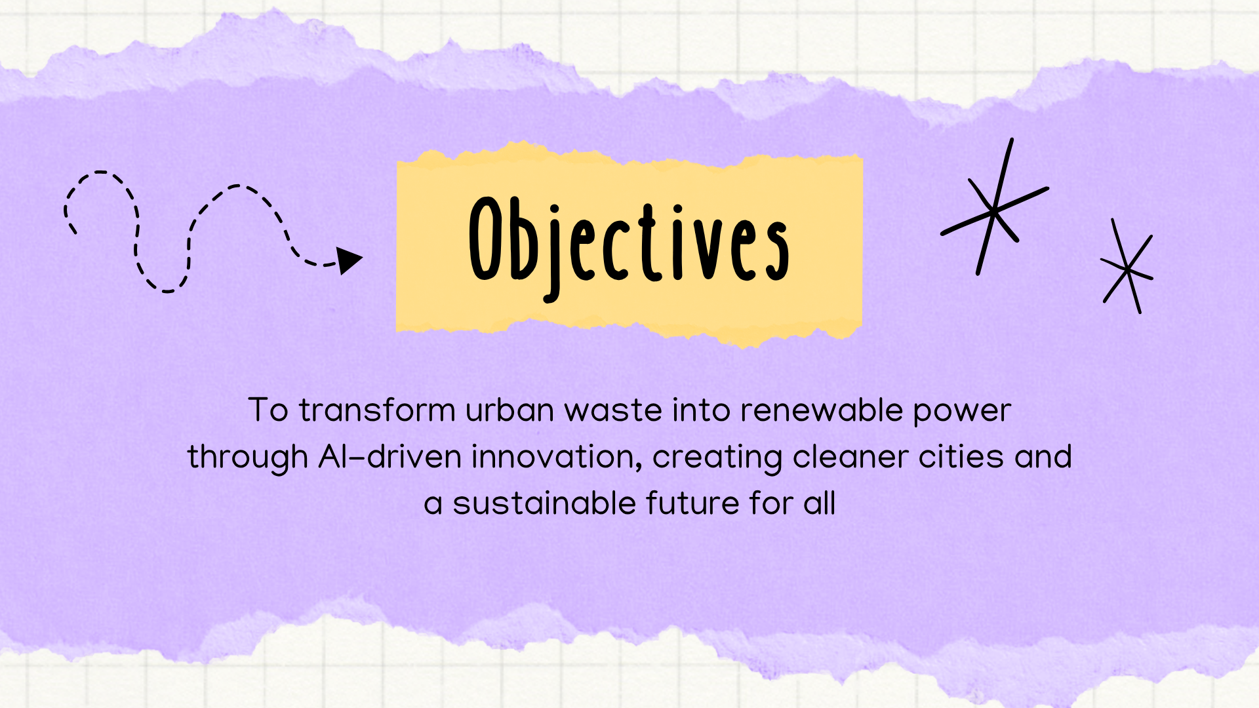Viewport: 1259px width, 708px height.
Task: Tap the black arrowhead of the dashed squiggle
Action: coord(349,260)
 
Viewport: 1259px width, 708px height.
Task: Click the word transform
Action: coord(377,410)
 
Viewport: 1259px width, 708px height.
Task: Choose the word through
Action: coord(248,458)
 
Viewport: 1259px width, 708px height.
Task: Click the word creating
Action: coord(717,458)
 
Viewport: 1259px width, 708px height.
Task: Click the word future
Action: coord(692,503)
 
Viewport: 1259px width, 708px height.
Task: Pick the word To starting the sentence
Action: coord(268,410)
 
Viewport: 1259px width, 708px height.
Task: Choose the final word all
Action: coord(819,503)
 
